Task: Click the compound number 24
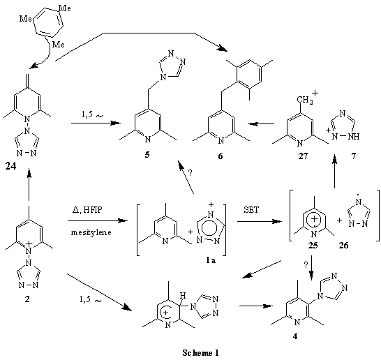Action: pos(10,167)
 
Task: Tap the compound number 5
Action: pos(147,155)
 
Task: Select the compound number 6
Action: pos(220,156)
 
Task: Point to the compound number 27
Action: pos(303,156)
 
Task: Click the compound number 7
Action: pos(354,156)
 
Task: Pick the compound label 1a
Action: pos(211,260)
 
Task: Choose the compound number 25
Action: pos(313,246)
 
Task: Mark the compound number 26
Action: pos(343,246)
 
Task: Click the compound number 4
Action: pos(295,337)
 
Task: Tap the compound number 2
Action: pos(27,299)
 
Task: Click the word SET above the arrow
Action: pos(251,209)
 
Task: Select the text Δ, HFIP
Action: pos(87,209)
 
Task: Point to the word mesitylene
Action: pos(91,233)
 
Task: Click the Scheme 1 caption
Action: pos(200,352)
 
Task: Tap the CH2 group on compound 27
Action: pos(305,100)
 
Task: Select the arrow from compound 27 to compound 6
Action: pos(261,124)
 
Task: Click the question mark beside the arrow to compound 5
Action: pos(190,173)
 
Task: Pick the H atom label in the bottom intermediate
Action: pos(183,296)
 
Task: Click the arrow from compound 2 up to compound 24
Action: pos(29,184)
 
